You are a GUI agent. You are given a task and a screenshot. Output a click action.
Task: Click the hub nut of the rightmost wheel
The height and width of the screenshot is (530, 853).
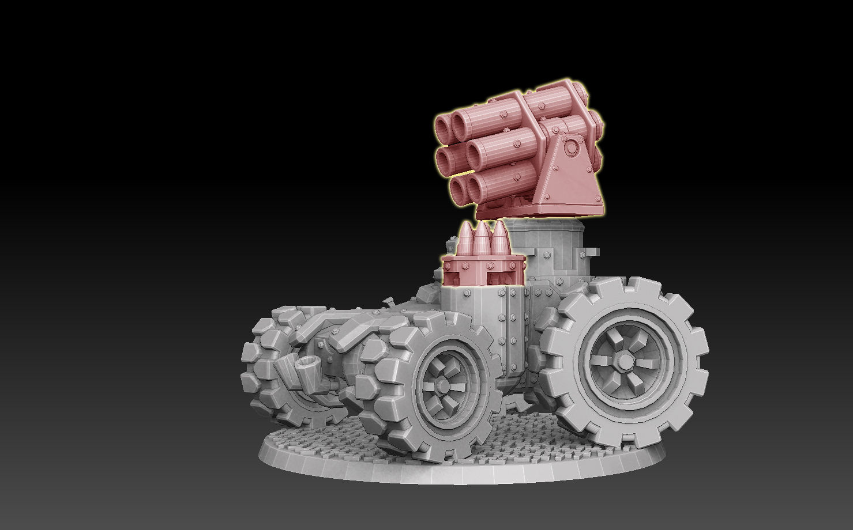[x=624, y=361]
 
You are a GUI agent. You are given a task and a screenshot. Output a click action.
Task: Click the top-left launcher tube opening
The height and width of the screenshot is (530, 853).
[x=445, y=124]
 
